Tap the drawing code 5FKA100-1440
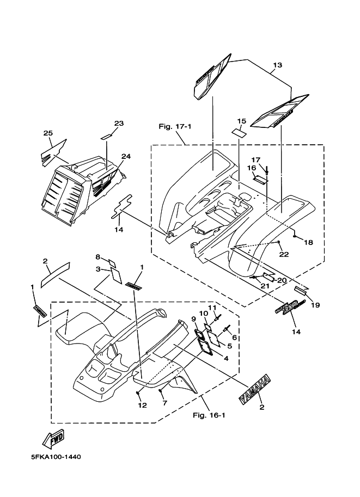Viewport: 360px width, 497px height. click(53, 457)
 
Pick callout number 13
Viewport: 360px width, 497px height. click(277, 65)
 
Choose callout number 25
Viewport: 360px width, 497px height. click(47, 133)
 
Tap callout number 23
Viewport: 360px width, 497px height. click(119, 123)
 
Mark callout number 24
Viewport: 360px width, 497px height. click(126, 156)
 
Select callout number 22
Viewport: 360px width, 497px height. click(284, 254)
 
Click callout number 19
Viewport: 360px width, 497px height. click(315, 305)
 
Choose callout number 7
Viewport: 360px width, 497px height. click(163, 403)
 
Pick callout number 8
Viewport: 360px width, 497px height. click(98, 256)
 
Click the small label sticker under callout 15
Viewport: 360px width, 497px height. click(238, 132)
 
